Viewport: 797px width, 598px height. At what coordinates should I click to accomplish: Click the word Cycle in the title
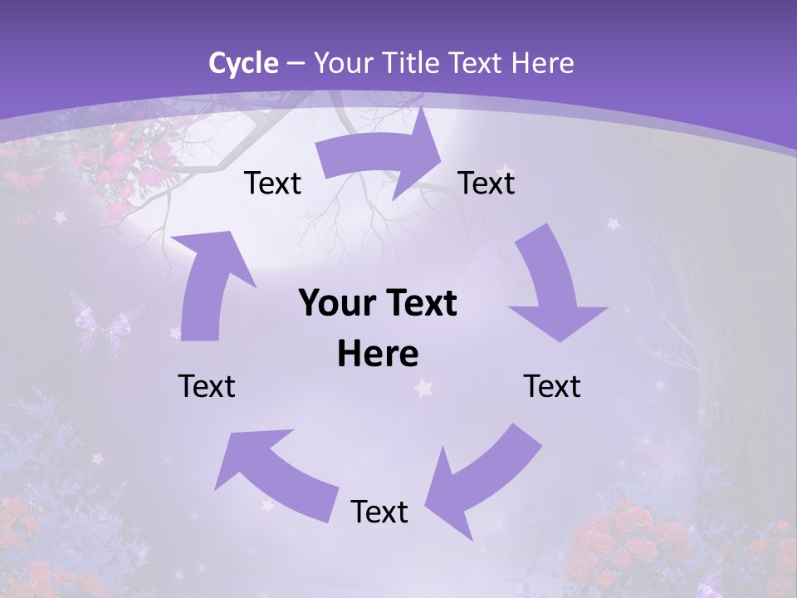tap(243, 63)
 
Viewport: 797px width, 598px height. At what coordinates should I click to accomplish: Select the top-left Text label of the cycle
tap(272, 183)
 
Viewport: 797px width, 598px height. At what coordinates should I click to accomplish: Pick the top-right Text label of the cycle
tap(487, 183)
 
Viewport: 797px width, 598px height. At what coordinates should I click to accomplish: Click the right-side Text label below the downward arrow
tap(552, 386)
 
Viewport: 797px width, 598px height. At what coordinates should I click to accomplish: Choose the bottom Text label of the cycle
tap(379, 512)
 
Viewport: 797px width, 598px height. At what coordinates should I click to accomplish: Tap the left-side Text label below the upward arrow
tap(207, 386)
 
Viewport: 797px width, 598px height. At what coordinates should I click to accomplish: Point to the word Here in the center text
tap(378, 355)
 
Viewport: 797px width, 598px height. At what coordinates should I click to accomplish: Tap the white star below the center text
tap(425, 388)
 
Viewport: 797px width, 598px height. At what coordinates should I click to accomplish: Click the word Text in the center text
tap(420, 304)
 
